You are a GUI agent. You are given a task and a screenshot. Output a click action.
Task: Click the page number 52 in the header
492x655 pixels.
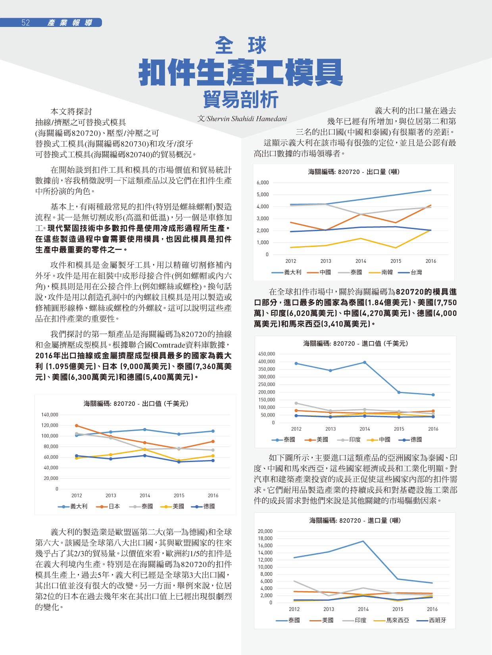[x=26, y=23]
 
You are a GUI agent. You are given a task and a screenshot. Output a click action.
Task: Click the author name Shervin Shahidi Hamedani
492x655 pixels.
[x=247, y=119]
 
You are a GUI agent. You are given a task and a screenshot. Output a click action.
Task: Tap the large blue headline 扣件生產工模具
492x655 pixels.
[x=240, y=73]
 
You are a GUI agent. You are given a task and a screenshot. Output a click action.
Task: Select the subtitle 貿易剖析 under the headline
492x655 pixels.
[x=241, y=99]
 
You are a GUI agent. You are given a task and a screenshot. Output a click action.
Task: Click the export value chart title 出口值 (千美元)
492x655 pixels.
[x=165, y=404]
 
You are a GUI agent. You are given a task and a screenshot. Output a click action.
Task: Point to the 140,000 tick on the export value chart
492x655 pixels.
[x=50, y=415]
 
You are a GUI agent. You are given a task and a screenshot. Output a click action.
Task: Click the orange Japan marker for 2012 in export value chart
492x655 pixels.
[x=77, y=426]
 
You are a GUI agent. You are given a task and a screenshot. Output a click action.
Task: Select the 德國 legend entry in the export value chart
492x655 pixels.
[x=203, y=506]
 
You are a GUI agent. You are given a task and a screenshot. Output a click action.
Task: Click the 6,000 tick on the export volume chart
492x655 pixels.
[x=263, y=183]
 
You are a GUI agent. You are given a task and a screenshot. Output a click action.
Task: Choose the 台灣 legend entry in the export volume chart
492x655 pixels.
[x=410, y=272]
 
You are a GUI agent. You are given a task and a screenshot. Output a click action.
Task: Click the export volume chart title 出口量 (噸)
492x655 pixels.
[x=383, y=172]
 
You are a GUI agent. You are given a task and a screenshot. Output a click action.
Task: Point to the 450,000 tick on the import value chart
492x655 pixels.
[x=267, y=354]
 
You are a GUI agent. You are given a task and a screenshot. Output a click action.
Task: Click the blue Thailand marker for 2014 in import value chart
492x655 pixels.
[x=365, y=363]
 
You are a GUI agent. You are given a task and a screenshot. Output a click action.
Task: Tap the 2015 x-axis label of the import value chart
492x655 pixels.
[x=399, y=429]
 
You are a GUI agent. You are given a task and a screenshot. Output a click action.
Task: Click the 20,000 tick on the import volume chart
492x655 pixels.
[x=265, y=531]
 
